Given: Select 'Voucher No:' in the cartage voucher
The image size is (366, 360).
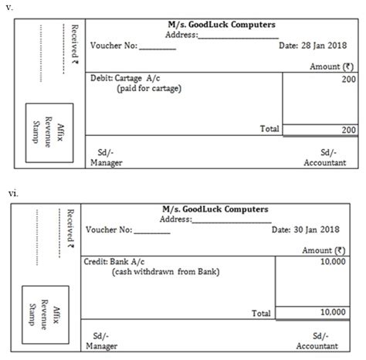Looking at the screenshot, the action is click(x=114, y=46).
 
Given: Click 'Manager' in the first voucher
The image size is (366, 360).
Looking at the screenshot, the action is click(x=106, y=163).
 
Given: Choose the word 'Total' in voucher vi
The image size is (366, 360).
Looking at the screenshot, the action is click(x=262, y=314).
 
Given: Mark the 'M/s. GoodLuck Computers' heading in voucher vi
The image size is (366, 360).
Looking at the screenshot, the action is click(x=215, y=209).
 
